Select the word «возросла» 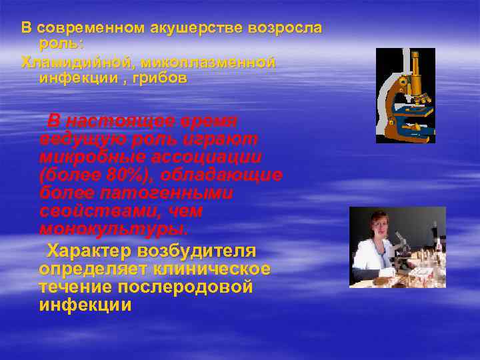point(285,28)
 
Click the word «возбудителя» point(197,251)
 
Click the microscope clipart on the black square point(405,95)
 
